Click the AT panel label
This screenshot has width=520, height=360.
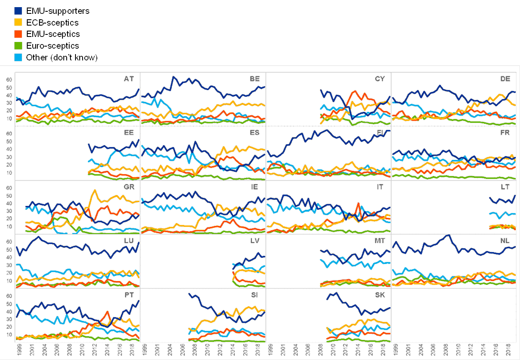[x=129, y=78]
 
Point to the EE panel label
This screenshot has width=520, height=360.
[x=129, y=133]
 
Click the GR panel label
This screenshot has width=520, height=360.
[x=129, y=187]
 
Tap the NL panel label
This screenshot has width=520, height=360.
[x=506, y=241]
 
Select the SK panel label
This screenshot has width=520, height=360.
[x=380, y=295]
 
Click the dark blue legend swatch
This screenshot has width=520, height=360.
[x=18, y=10]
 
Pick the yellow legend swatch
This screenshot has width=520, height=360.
[x=18, y=22]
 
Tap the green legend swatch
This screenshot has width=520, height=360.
[x=18, y=45]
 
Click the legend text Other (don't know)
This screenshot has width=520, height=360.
[x=62, y=57]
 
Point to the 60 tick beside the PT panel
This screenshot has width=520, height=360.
[x=8, y=296]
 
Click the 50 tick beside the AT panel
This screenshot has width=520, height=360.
[x=8, y=87]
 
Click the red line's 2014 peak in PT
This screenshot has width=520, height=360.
[x=108, y=312]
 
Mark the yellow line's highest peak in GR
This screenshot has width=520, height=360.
[x=95, y=190]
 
